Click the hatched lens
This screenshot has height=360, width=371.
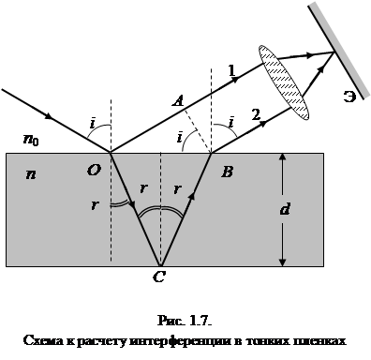pyautogui.click(x=284, y=82)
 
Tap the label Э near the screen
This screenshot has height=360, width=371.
pyautogui.click(x=349, y=97)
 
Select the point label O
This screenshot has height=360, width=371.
pyautogui.click(x=94, y=171)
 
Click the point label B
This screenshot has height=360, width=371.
pyautogui.click(x=227, y=172)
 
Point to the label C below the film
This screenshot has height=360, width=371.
pyautogui.click(x=159, y=277)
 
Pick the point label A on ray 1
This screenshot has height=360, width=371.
pyautogui.click(x=179, y=101)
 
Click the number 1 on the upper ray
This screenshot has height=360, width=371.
pyautogui.click(x=231, y=71)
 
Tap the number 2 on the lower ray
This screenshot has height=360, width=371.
pyautogui.click(x=256, y=114)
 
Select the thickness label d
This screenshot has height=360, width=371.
pyautogui.click(x=285, y=209)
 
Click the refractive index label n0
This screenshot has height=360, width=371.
pyautogui.click(x=31, y=140)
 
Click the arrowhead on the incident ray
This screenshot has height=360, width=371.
pyautogui.click(x=49, y=115)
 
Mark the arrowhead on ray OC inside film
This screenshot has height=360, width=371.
pyautogui.click(x=132, y=204)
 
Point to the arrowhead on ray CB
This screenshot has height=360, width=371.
pyautogui.click(x=192, y=196)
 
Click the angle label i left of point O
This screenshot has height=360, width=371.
pyautogui.click(x=93, y=123)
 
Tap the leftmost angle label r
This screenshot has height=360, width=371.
pyautogui.click(x=94, y=205)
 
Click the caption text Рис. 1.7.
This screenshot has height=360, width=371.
pyautogui.click(x=185, y=321)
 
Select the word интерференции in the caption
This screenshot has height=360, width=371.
pyautogui.click(x=180, y=340)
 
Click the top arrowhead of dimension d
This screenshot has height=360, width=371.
pyautogui.click(x=282, y=158)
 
